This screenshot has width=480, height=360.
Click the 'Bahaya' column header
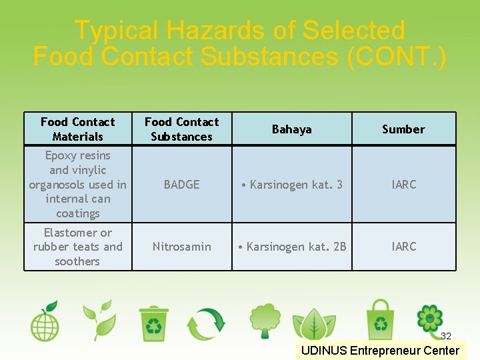click(x=291, y=129)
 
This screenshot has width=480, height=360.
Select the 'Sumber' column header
click(x=403, y=129)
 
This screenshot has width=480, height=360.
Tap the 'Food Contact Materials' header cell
click(x=77, y=129)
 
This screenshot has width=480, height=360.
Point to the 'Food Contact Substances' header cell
click(x=181, y=129)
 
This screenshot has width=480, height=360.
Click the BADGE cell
click(x=181, y=185)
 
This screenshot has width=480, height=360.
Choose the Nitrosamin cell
click(x=181, y=247)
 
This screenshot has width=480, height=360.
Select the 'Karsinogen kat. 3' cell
click(x=292, y=185)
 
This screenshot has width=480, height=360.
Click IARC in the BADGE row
click(x=403, y=185)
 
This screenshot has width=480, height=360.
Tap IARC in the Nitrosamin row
click(x=403, y=247)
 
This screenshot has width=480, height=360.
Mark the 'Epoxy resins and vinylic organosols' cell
click(x=77, y=185)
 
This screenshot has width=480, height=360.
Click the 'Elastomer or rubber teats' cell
click(x=77, y=247)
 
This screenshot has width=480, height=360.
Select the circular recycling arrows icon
click(x=206, y=323)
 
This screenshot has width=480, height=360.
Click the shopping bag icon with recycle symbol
click(x=380, y=320)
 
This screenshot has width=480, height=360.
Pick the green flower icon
click(x=429, y=320)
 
